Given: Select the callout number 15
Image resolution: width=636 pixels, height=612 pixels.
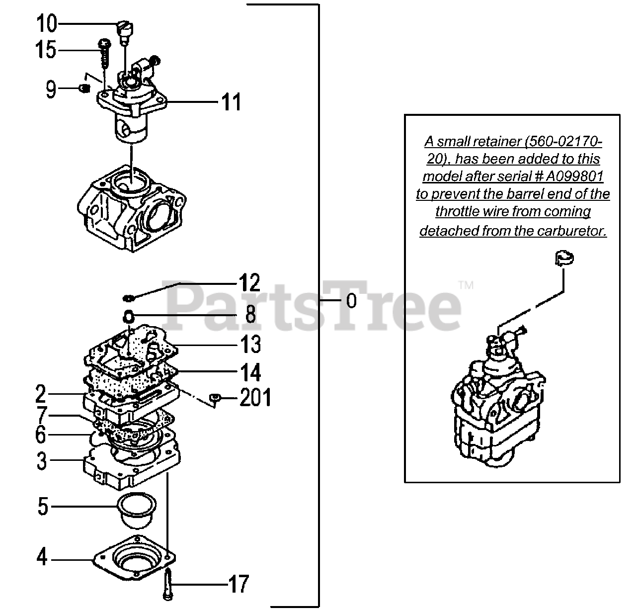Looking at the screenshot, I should [x=46, y=50].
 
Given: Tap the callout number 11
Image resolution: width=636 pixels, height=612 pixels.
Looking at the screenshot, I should [x=231, y=102].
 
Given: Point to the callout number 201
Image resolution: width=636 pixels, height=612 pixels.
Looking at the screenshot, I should [x=255, y=398].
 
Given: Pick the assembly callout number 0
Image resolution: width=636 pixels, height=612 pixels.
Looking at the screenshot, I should [x=351, y=301].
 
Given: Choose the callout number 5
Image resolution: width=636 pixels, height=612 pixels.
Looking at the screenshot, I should [x=43, y=507].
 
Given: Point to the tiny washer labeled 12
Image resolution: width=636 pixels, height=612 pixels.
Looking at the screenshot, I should [x=129, y=298].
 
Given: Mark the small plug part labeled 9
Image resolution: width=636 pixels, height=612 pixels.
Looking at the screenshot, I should [x=84, y=88].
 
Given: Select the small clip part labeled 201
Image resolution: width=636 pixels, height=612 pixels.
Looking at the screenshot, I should [x=215, y=397].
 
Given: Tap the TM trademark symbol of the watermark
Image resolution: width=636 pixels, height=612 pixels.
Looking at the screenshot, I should [x=466, y=285].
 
